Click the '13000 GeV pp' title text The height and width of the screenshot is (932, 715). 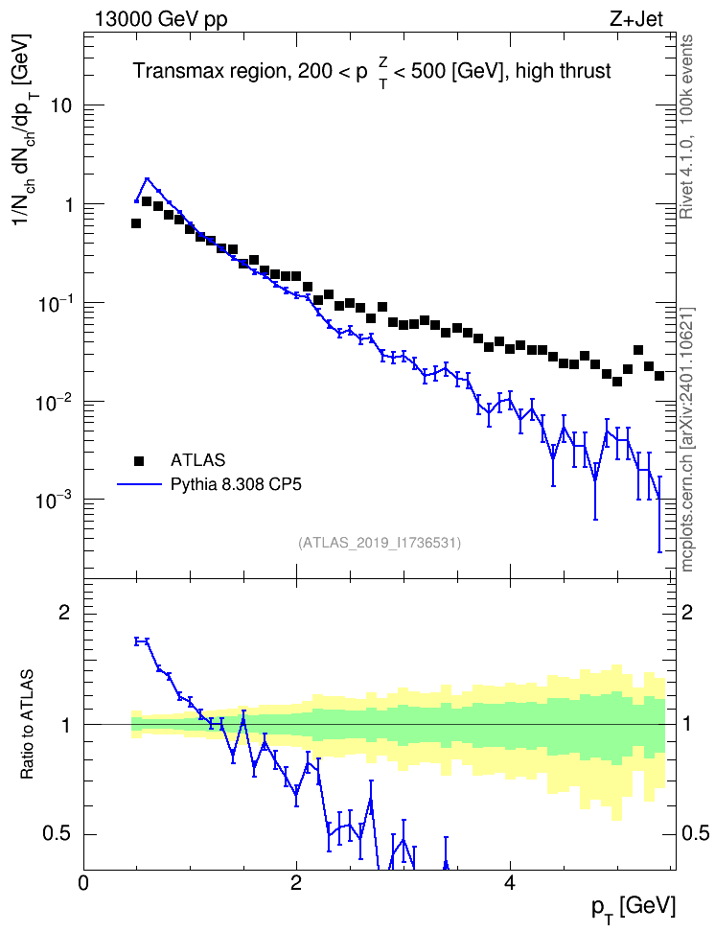160,19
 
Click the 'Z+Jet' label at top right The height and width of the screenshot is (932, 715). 636,19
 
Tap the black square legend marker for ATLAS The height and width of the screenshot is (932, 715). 139,460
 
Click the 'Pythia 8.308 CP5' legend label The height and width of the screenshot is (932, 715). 236,485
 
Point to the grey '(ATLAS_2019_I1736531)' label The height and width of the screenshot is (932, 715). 380,543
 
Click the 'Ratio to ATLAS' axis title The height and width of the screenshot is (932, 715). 27,724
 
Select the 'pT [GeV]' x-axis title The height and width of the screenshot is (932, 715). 634,907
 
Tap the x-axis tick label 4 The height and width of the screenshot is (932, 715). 509,882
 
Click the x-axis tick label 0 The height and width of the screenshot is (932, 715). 83,882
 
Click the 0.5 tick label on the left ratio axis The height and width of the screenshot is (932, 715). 57,834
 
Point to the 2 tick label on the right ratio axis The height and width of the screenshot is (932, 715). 687,612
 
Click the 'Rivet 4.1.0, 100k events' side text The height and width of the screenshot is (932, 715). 686,127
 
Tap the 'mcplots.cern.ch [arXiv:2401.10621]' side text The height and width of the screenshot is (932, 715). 687,440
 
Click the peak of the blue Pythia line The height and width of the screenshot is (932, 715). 147,177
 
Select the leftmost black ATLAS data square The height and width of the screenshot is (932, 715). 136,223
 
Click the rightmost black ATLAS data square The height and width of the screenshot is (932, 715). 659,376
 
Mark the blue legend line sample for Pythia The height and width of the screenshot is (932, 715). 139,485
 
